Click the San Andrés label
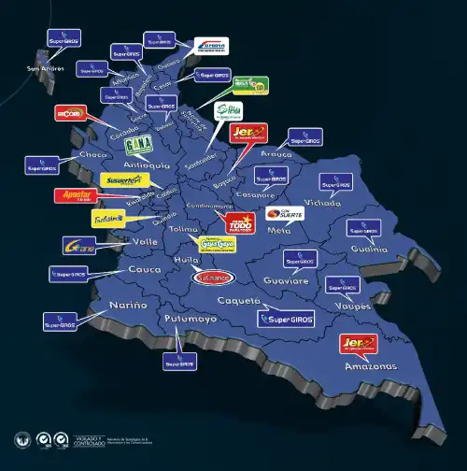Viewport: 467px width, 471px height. click(45, 68)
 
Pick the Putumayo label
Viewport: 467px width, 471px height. click(191, 320)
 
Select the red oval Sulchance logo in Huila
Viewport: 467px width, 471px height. click(213, 277)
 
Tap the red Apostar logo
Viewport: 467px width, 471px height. click(74, 197)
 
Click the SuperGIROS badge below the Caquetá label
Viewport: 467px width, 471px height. click(286, 319)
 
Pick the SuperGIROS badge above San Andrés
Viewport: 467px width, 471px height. click(64, 39)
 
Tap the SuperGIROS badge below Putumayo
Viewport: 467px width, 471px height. click(179, 360)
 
